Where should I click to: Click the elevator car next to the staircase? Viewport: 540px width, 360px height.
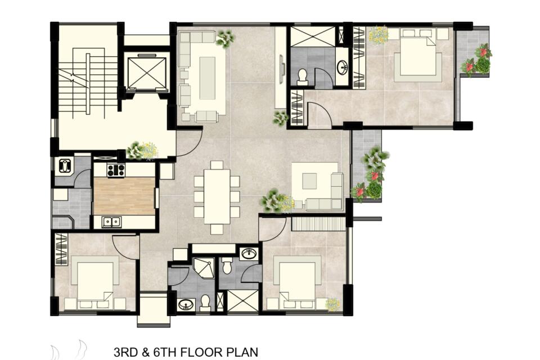pyautogui.click(x=146, y=73)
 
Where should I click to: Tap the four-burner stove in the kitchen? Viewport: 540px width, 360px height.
pyautogui.click(x=116, y=170)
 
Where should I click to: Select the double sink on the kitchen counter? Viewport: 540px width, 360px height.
pyautogui.click(x=111, y=222)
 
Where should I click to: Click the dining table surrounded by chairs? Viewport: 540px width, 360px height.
pyautogui.click(x=217, y=197)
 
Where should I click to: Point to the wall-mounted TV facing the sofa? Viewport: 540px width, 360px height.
pyautogui.click(x=282, y=65)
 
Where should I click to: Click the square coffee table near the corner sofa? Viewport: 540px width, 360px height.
pyautogui.click(x=309, y=181)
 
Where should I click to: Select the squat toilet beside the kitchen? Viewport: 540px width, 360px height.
pyautogui.click(x=65, y=166)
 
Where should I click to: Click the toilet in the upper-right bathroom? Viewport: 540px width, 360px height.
pyautogui.click(x=303, y=77)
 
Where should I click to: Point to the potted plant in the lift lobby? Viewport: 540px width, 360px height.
pyautogui.click(x=142, y=151)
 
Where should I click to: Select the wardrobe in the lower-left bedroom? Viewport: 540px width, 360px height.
pyautogui.click(x=61, y=249)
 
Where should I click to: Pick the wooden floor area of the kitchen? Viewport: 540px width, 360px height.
pyautogui.click(x=124, y=196)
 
